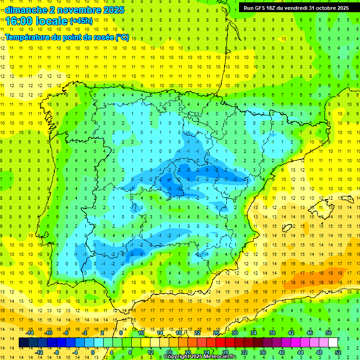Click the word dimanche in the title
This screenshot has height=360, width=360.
[x=25, y=10]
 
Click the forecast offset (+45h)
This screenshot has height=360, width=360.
[x=81, y=21]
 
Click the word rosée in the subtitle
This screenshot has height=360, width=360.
[x=104, y=37]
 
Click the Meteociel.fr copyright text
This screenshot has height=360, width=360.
[x=200, y=357]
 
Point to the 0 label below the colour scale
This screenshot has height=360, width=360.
[x=93, y=352]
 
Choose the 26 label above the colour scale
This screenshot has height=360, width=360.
[x=216, y=333]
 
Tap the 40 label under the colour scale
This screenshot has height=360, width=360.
[x=282, y=352]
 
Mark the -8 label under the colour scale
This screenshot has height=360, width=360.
[x=57, y=352]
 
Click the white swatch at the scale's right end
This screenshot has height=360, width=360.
[x=333, y=343]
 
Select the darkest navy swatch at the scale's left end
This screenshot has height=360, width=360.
[x=24, y=343]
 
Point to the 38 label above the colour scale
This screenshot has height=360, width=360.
[x=272, y=333]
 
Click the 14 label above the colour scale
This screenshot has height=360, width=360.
[x=160, y=333]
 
